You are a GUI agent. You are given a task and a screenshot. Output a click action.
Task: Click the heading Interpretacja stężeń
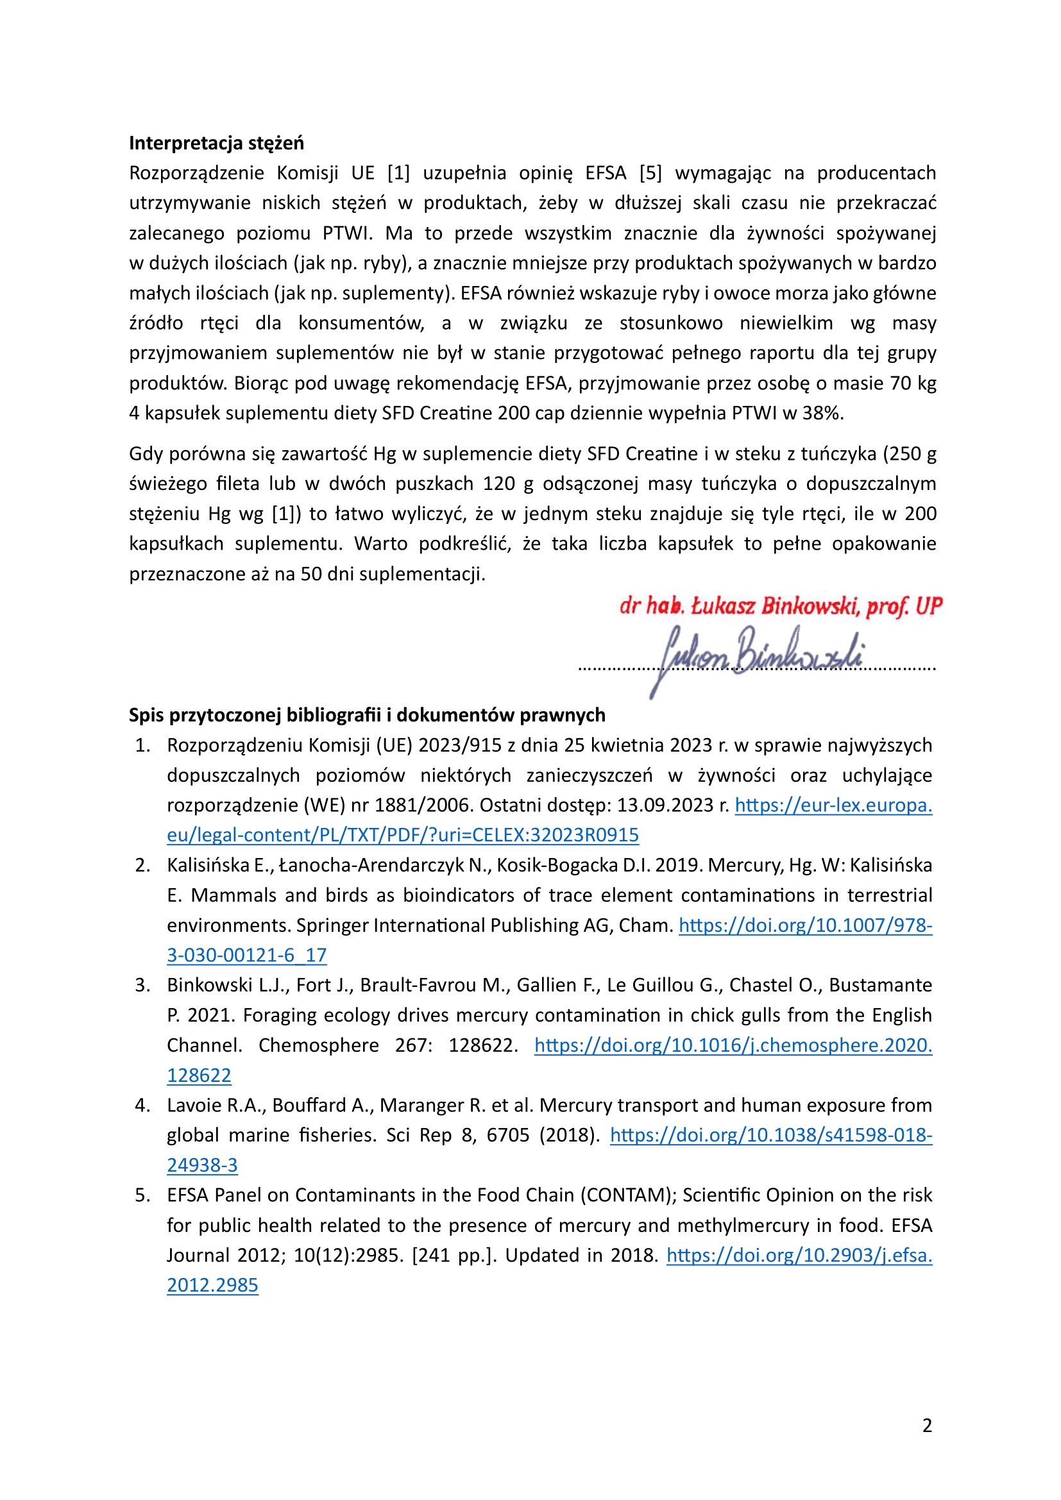coord(216,143)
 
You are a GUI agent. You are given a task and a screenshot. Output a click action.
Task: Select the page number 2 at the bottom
coord(927,1425)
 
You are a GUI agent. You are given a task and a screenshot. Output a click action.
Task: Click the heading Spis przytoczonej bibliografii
coord(366,714)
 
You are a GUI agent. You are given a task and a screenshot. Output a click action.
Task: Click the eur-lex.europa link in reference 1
coord(833,805)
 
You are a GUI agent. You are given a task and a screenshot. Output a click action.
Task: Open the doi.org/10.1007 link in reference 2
coord(805,925)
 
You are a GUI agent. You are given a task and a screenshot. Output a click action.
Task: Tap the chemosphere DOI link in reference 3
coord(733,1045)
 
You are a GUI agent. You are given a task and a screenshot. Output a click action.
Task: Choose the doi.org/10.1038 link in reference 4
coord(771,1135)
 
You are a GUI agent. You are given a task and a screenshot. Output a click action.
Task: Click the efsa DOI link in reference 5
coord(799,1255)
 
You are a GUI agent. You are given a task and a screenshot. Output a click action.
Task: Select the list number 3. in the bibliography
coord(143,985)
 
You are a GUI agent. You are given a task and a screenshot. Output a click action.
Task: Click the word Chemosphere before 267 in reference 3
coord(318,1045)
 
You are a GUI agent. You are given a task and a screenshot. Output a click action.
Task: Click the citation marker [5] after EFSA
coord(650,173)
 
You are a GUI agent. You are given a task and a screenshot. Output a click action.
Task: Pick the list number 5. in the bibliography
coord(143,1195)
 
